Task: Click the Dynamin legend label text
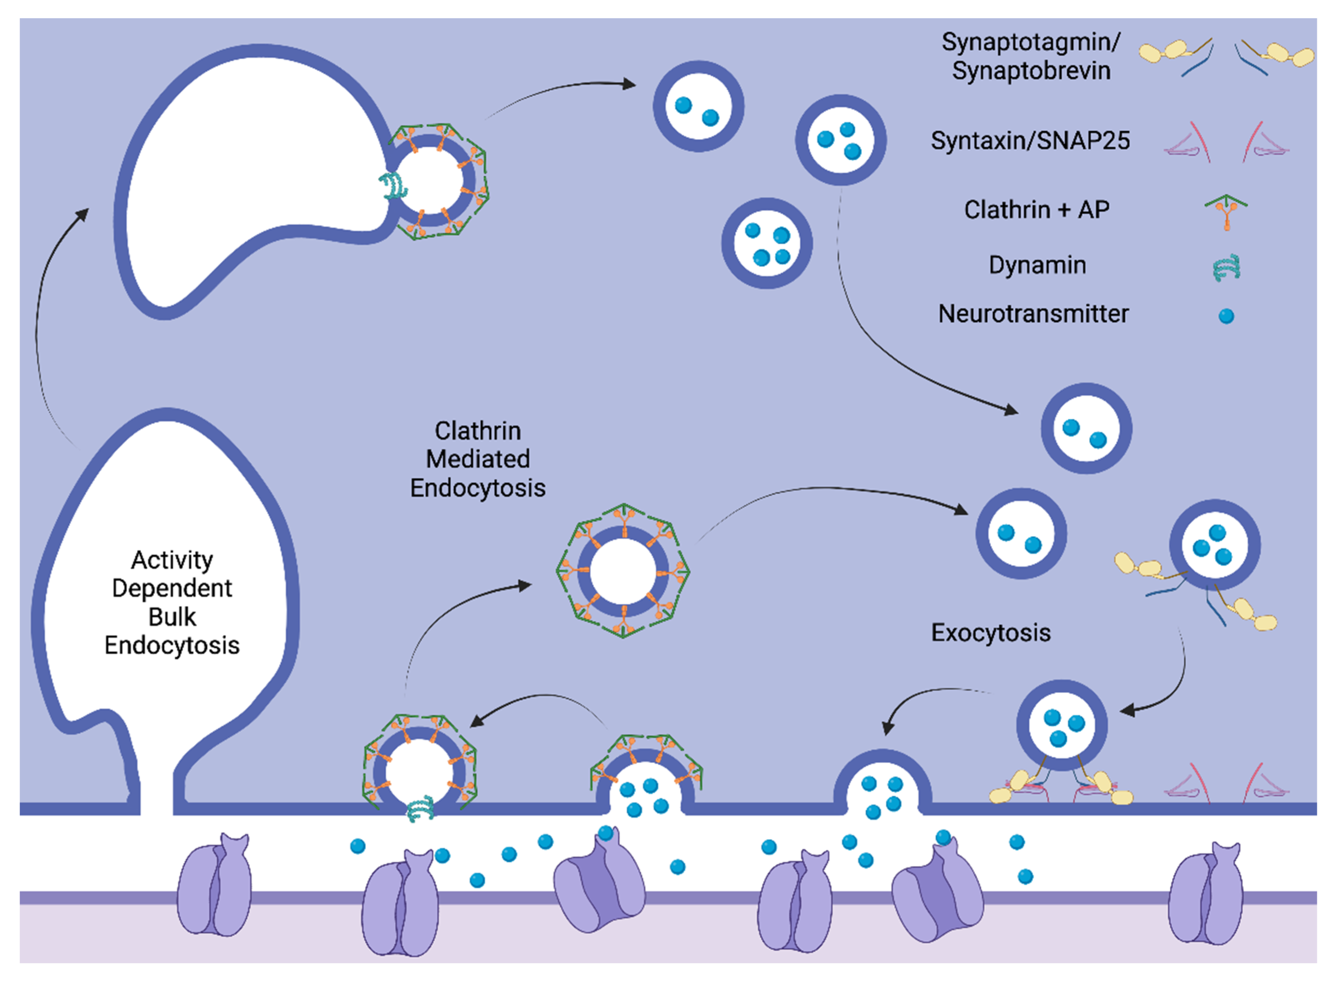(x=1037, y=265)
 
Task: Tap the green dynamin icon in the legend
(x=1226, y=267)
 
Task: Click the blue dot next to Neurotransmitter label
(x=1226, y=316)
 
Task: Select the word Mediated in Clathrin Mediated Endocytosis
(x=477, y=459)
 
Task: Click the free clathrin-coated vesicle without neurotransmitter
(x=623, y=571)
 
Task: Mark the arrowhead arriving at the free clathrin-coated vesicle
(x=524, y=585)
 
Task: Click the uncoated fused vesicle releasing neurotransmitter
(x=882, y=785)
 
